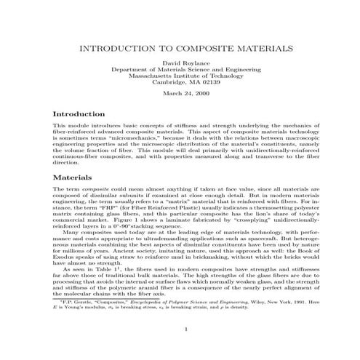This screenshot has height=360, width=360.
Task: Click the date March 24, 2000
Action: (x=180, y=95)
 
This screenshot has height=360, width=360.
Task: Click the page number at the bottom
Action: (x=187, y=349)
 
